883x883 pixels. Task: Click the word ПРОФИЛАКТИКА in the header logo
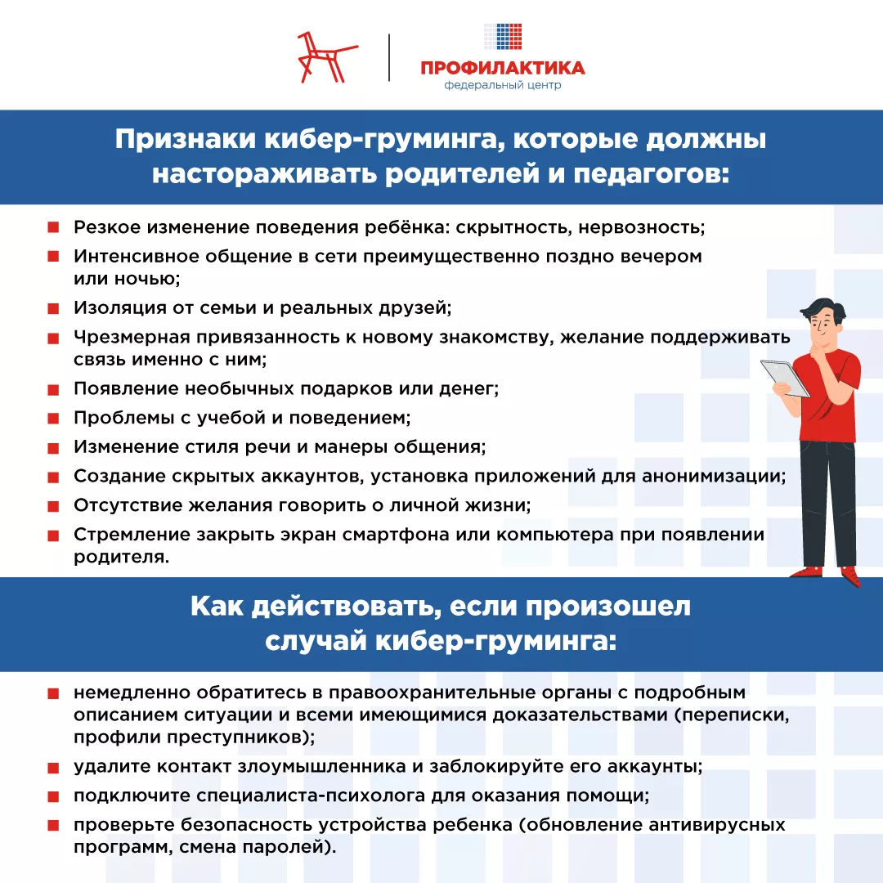[503, 67]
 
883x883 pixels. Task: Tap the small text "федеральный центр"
[503, 86]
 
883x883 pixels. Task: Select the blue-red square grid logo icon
[503, 38]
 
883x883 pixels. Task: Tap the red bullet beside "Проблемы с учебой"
[53, 419]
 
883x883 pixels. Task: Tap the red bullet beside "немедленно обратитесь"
[53, 694]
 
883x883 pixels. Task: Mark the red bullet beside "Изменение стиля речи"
[53, 448]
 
